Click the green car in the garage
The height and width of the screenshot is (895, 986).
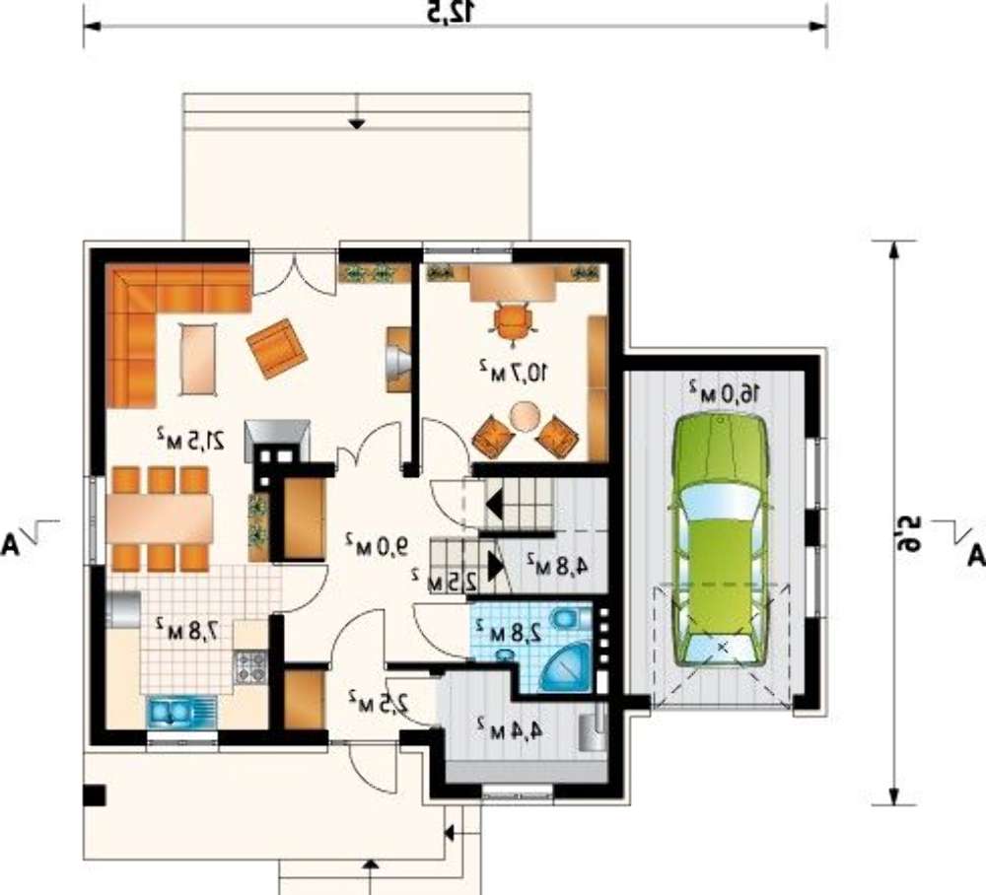tap(722, 540)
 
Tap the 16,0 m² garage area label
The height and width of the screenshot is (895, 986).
tap(725, 391)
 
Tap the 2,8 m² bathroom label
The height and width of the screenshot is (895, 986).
tap(508, 631)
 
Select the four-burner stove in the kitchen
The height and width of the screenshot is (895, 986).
tap(250, 667)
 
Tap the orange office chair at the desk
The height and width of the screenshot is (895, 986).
tap(515, 321)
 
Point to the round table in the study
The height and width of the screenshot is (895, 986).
tap(525, 416)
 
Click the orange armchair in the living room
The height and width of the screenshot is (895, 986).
tap(276, 348)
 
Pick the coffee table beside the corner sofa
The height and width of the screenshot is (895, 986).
tap(198, 359)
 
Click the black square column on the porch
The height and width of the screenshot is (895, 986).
tap(94, 795)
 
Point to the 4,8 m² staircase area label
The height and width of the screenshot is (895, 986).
tap(558, 565)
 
